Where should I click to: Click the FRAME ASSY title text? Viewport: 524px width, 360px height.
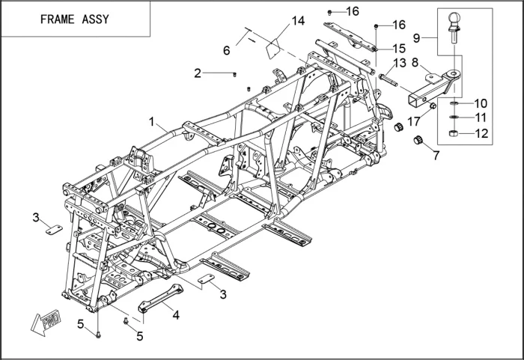pyautogui.click(x=74, y=19)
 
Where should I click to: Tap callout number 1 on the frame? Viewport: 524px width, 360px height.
pyautogui.click(x=151, y=120)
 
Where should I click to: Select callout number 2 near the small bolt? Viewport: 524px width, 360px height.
pyautogui.click(x=198, y=73)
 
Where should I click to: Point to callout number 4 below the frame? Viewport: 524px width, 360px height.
pyautogui.click(x=176, y=314)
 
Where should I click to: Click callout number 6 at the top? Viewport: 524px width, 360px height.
pyautogui.click(x=226, y=50)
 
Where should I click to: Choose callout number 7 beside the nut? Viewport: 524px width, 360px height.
pyautogui.click(x=436, y=155)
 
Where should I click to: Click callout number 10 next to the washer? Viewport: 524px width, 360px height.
pyautogui.click(x=480, y=103)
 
